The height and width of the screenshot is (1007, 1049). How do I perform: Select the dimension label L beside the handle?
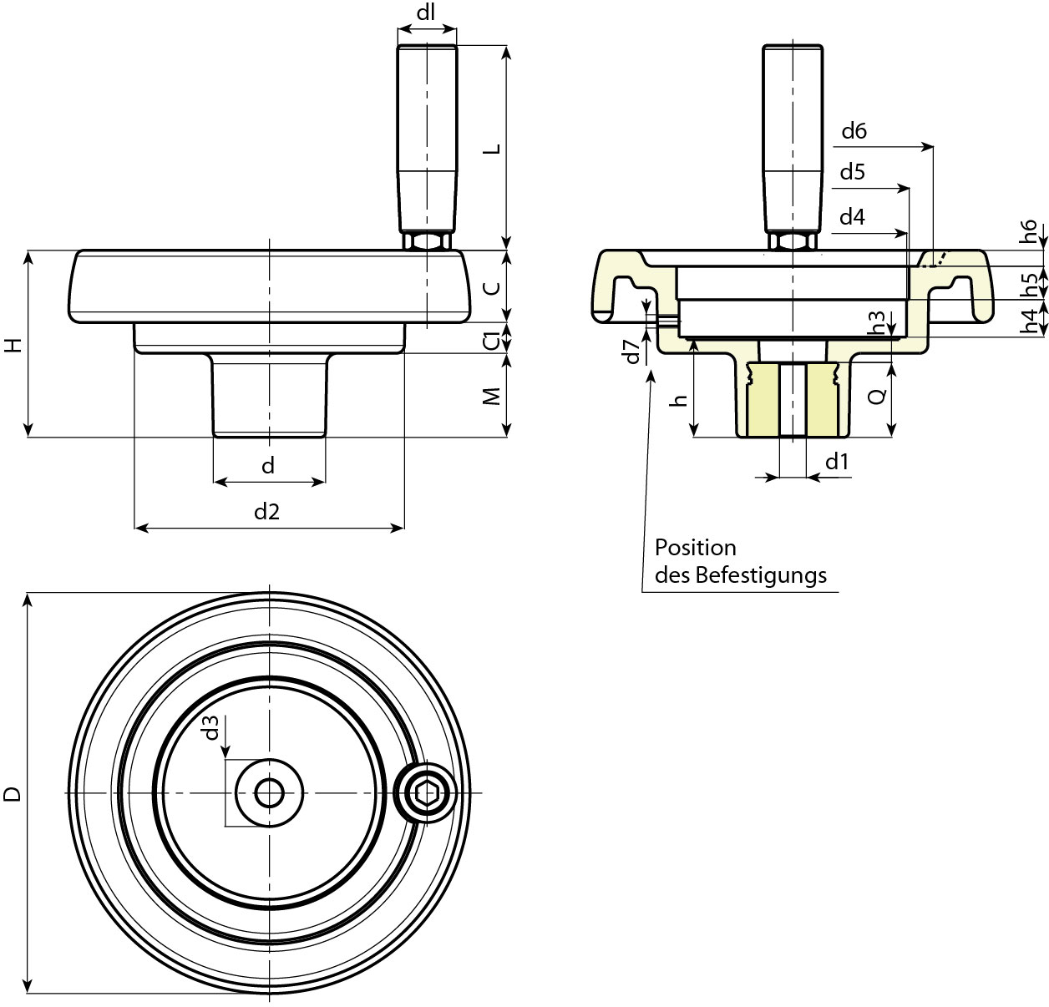click(493, 149)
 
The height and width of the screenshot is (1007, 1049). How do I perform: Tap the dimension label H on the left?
click(12, 345)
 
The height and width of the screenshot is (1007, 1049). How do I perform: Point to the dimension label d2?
click(267, 511)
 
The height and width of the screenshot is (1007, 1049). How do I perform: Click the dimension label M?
click(493, 396)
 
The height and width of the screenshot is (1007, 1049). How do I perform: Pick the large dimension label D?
click(12, 794)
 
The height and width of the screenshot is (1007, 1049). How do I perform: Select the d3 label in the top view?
click(212, 727)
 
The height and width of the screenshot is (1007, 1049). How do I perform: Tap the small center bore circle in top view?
click(269, 792)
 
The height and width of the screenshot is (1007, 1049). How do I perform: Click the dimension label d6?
click(854, 130)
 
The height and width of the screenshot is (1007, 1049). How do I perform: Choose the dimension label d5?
click(852, 173)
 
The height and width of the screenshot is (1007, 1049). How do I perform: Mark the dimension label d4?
click(852, 218)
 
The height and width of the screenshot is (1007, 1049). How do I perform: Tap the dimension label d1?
click(837, 462)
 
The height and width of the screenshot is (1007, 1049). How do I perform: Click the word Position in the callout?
click(695, 548)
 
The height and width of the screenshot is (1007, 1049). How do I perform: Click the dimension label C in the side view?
click(493, 287)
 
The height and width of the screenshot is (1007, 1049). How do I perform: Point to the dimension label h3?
click(877, 323)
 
